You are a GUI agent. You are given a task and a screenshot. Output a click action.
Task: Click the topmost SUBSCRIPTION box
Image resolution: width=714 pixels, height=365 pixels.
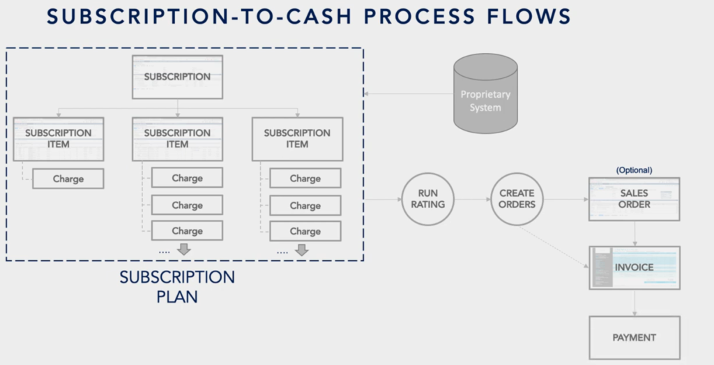pos(177,77)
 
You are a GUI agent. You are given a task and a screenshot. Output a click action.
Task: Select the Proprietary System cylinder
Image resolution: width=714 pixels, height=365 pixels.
pos(485,94)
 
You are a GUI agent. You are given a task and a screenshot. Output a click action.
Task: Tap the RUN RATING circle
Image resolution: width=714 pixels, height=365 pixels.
pos(427,199)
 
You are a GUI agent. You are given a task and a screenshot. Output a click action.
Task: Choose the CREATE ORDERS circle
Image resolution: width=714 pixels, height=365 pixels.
pos(517,199)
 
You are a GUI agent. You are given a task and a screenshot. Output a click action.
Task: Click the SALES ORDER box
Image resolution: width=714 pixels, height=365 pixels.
pos(635,199)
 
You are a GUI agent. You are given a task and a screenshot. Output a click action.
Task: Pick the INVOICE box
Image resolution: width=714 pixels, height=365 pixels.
pos(635,268)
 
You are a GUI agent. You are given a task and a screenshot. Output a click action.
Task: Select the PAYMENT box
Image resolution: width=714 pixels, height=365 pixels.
pos(635,338)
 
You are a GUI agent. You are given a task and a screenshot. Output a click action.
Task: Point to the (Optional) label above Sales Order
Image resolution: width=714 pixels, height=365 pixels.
pos(634,170)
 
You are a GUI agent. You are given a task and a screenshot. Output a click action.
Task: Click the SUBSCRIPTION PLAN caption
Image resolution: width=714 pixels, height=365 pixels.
pos(177,287)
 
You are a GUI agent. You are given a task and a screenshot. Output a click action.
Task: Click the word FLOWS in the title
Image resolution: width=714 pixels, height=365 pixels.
pos(529,17)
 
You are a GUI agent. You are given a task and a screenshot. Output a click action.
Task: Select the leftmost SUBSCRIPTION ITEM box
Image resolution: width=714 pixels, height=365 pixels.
pos(59,139)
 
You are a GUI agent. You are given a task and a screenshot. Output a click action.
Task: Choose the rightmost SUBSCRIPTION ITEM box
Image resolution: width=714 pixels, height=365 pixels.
pos(297,139)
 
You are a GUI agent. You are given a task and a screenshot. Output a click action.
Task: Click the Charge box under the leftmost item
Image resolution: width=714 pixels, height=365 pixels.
pos(68,179)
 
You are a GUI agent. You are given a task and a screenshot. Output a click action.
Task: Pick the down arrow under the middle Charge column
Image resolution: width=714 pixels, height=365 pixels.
pos(184,249)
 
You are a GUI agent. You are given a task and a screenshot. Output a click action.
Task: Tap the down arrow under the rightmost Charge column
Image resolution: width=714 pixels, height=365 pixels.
pos(301,250)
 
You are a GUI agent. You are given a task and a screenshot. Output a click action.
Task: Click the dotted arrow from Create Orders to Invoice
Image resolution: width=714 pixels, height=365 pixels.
pos(554,247)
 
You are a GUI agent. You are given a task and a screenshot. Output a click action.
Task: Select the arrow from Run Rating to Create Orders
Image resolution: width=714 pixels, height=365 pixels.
pos(472,199)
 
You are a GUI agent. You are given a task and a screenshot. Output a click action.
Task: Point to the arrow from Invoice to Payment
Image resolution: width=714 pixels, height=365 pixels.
pos(635,303)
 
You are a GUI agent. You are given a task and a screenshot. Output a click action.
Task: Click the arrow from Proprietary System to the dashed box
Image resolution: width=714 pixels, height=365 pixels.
pos(409,94)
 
